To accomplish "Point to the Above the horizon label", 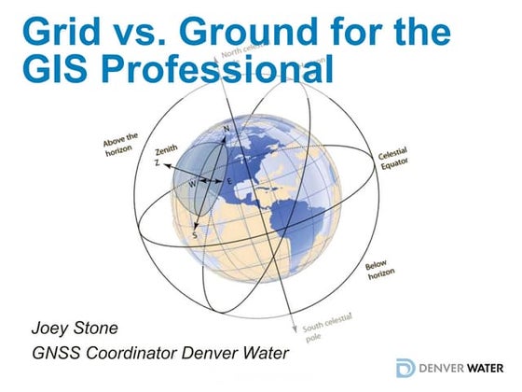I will [120, 140].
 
